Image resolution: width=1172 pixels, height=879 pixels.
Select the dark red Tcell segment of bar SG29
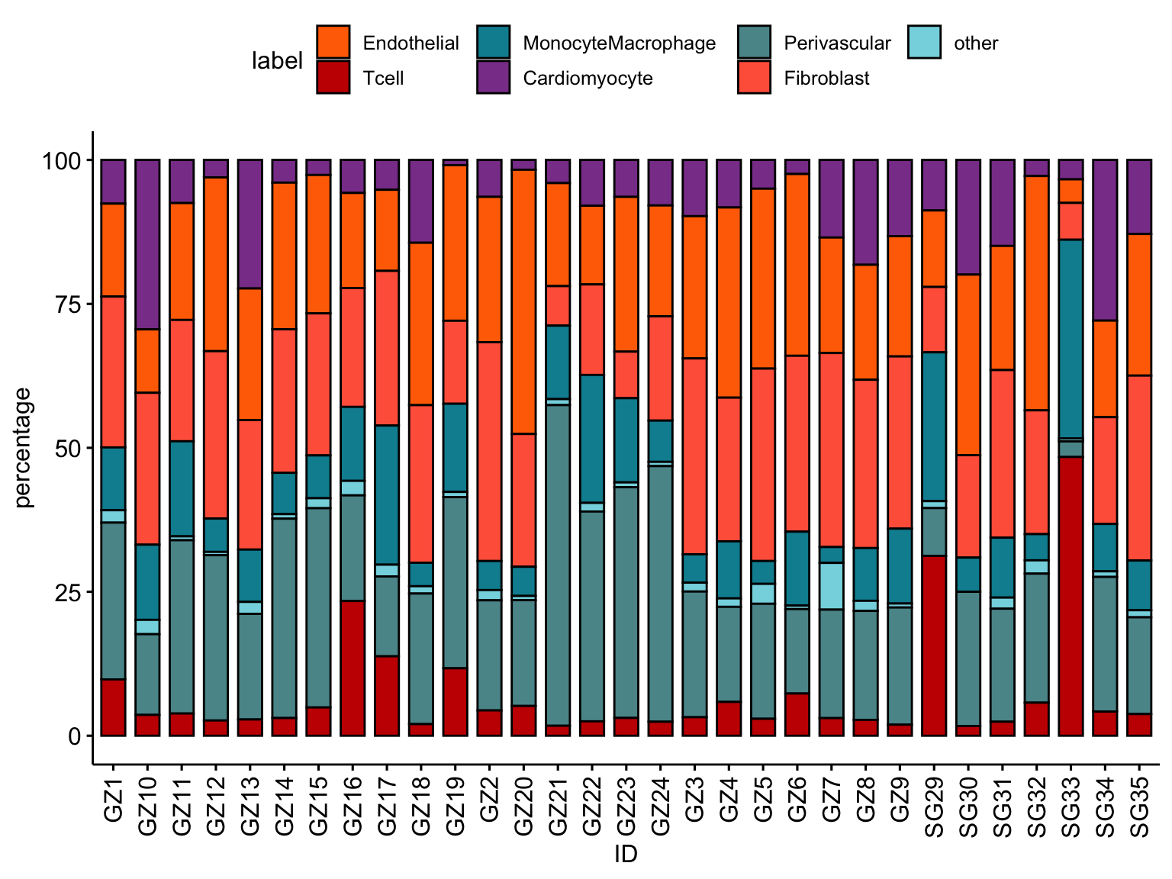click(934, 646)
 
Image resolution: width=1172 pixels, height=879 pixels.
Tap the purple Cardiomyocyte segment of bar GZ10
click(147, 244)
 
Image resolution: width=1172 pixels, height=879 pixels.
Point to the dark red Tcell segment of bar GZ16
click(353, 668)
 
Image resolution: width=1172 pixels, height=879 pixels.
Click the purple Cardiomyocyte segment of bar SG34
click(1105, 240)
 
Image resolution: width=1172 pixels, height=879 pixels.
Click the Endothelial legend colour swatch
click(333, 42)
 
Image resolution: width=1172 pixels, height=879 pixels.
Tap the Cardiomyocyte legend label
click(588, 78)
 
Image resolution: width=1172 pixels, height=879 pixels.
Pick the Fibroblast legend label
click(826, 78)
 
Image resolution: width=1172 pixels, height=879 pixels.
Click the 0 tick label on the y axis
click(74, 736)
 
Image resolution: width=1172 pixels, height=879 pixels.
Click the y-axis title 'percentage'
click(24, 447)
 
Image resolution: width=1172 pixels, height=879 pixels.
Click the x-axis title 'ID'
click(626, 855)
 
